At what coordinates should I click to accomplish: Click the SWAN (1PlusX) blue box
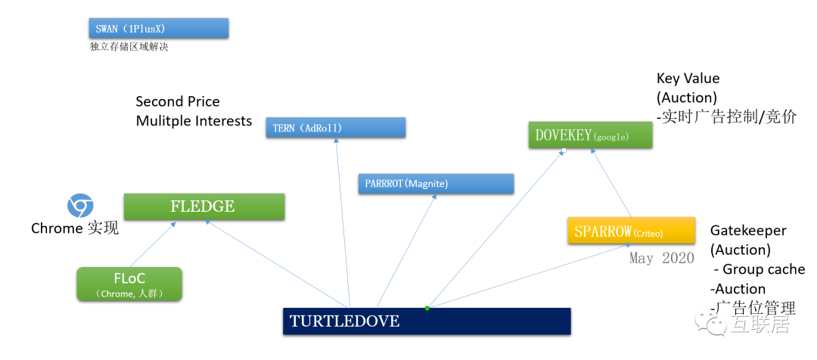[x=158, y=29]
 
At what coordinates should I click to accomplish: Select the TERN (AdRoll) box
[x=335, y=128]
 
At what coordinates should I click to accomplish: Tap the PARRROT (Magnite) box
[x=435, y=184]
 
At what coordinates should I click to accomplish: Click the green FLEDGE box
[x=204, y=206]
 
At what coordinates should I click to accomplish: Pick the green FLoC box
[x=129, y=284]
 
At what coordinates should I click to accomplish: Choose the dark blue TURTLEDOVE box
[x=427, y=321]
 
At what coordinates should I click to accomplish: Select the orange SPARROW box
[x=630, y=231]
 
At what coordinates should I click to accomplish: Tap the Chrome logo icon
[x=80, y=206]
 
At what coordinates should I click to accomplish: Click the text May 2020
[x=662, y=258]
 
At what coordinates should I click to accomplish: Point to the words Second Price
[x=178, y=101]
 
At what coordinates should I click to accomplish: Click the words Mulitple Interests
[x=194, y=121]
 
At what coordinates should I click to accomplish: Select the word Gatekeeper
[x=748, y=231]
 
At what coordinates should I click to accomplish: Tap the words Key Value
[x=688, y=79]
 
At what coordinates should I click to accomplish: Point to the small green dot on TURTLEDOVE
[x=427, y=308]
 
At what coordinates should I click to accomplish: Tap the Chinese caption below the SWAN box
[x=129, y=47]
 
